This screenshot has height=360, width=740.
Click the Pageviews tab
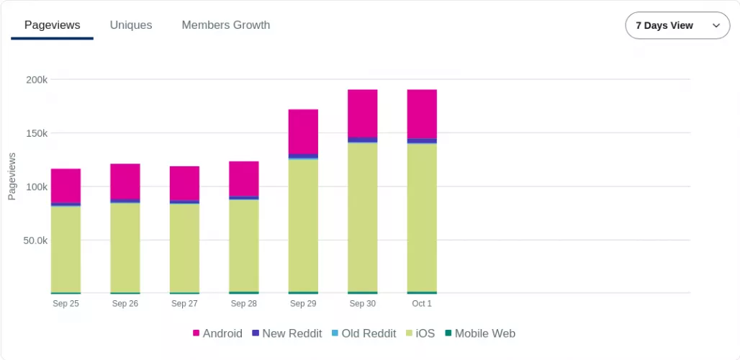click(x=52, y=25)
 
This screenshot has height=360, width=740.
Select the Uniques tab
click(x=131, y=25)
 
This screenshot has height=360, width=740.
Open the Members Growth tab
click(x=226, y=25)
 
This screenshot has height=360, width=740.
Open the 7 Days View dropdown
click(x=677, y=25)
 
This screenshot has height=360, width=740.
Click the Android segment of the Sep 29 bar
click(x=303, y=132)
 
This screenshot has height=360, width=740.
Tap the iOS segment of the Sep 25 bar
click(x=66, y=248)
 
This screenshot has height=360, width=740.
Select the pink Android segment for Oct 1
click(x=422, y=114)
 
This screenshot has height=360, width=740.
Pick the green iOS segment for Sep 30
click(x=363, y=216)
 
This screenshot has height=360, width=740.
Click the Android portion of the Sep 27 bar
click(x=184, y=183)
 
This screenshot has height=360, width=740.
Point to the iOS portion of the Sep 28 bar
click(x=244, y=245)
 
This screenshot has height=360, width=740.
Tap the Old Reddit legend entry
click(x=364, y=333)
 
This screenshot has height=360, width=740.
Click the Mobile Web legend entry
click(x=479, y=333)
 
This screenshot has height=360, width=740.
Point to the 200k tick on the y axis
click(x=37, y=80)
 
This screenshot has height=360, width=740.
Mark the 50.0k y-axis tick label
click(x=34, y=240)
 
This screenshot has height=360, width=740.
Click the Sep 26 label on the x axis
click(x=125, y=304)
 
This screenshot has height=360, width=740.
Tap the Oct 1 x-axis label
click(x=422, y=304)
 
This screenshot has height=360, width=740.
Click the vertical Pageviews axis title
click(x=12, y=176)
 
